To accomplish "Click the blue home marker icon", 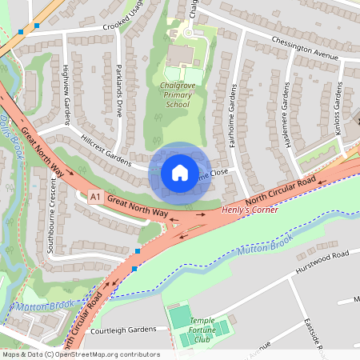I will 180,173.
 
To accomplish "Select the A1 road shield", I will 96,197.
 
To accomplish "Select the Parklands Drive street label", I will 118,89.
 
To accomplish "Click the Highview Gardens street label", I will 65,87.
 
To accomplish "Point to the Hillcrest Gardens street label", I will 105,149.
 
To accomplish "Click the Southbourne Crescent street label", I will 50,221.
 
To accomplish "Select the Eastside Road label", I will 319,332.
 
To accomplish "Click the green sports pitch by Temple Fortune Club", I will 180,316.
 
